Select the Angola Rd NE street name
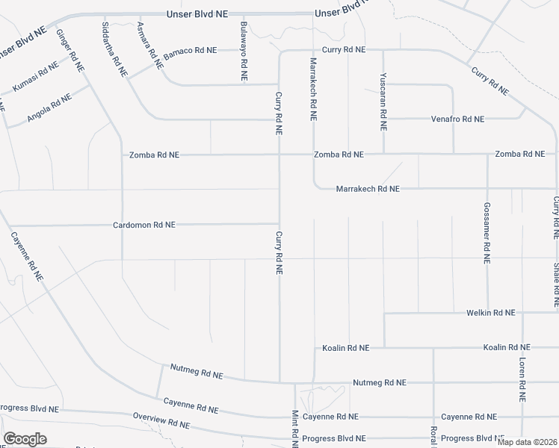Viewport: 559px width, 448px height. (x=49, y=108)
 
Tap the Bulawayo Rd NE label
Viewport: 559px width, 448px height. (x=244, y=52)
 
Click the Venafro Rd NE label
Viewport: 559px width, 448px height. (x=457, y=119)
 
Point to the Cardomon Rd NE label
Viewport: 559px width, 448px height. (x=144, y=224)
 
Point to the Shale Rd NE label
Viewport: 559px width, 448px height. (x=556, y=284)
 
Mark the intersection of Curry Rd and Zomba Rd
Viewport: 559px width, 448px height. (x=279, y=155)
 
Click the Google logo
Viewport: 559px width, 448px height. (x=25, y=439)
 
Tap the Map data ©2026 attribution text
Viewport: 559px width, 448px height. (x=526, y=442)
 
